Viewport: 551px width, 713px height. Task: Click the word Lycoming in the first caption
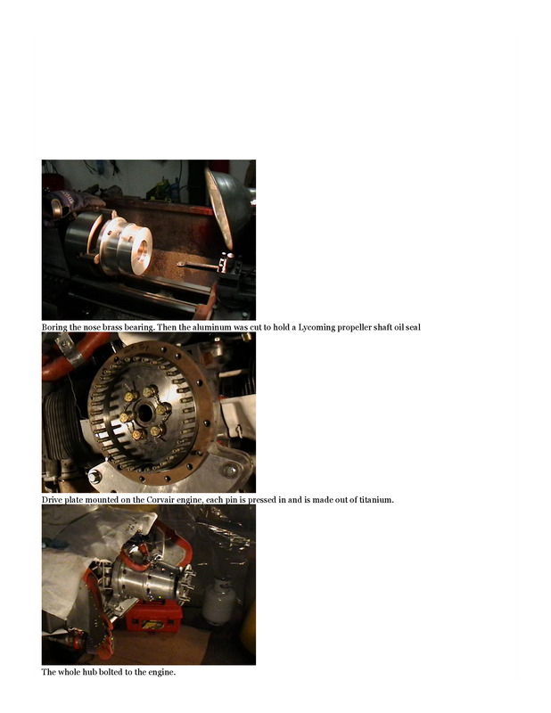pos(317,327)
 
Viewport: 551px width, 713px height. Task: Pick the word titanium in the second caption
pos(376,500)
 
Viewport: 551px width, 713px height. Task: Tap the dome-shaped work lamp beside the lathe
pos(229,206)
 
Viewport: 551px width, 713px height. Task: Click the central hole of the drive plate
pos(144,413)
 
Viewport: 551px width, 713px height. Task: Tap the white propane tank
pos(219,600)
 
